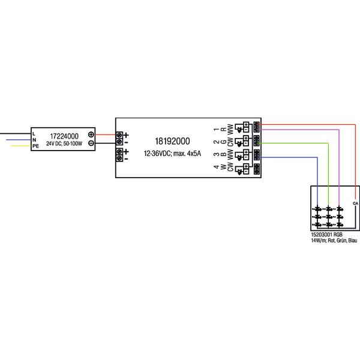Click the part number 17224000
tap(64, 136)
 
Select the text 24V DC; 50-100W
tap(64, 144)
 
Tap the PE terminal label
tap(35, 146)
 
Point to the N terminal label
tap(34, 140)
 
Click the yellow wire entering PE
tap(20, 146)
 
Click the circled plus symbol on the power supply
tap(91, 134)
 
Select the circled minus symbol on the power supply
tap(91, 143)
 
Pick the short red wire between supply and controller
tap(106, 134)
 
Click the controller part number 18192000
tap(172, 141)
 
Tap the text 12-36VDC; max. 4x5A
tap(172, 154)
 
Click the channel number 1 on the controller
tap(217, 130)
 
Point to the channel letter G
tap(223, 142)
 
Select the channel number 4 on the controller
tap(217, 167)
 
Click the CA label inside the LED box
tap(355, 203)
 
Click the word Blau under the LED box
tap(353, 241)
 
